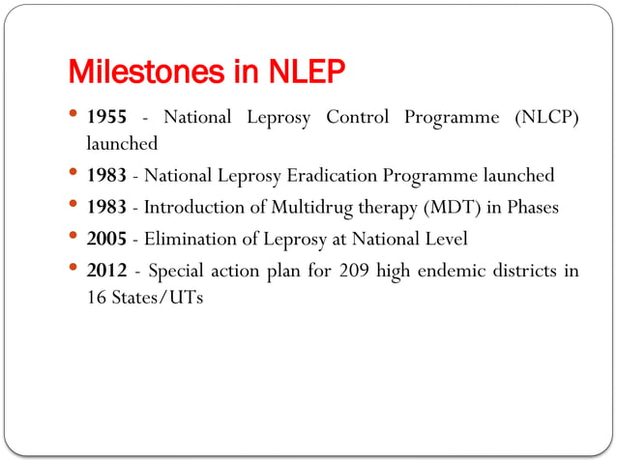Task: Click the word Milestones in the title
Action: pos(136,72)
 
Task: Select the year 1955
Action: pos(106,118)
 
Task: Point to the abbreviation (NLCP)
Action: pos(542,118)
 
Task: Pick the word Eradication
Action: pos(325,176)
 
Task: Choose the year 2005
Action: pos(106,239)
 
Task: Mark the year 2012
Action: pos(106,271)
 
